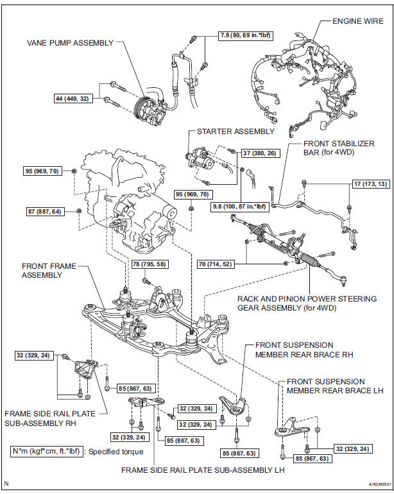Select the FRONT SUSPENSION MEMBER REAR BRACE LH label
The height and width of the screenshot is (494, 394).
tap(325, 386)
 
